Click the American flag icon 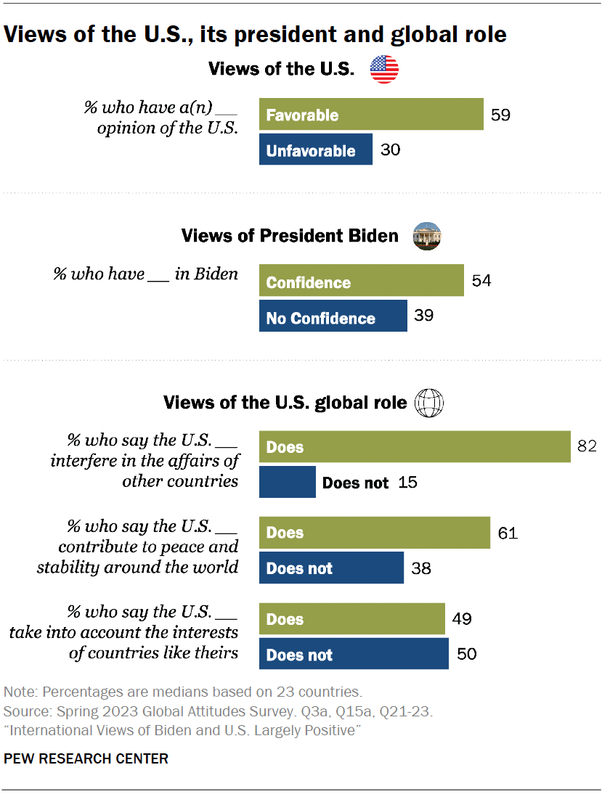[384, 70]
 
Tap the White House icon [427, 236]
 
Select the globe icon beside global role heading [428, 402]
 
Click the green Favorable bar [371, 115]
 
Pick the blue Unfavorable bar [316, 150]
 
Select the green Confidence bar [361, 282]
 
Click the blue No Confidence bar [333, 317]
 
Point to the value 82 [586, 446]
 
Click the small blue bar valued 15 [287, 482]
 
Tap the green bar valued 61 [374, 533]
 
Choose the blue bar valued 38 [331, 568]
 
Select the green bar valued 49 [351, 619]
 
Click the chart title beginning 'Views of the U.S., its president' [255, 34]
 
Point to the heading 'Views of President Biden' [290, 236]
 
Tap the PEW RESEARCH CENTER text [86, 759]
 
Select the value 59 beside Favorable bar [501, 115]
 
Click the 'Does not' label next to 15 [355, 483]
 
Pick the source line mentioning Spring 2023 [219, 711]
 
